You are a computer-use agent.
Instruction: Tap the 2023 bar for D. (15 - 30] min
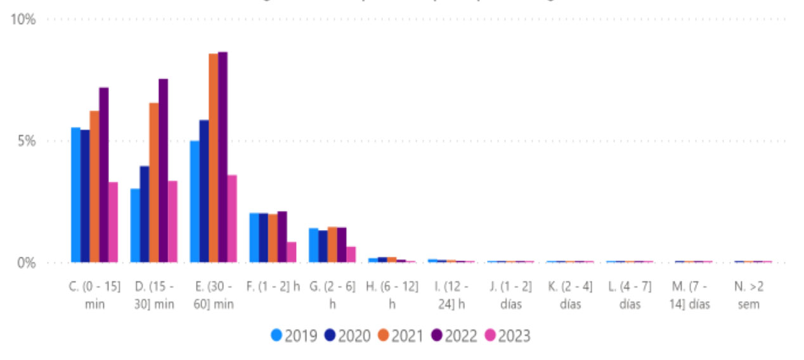pos(172,222)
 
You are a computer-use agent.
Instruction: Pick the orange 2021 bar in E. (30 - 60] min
pos(214,158)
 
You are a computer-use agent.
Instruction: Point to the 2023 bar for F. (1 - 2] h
pos(292,252)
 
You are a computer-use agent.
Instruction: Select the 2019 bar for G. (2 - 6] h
pos(313,245)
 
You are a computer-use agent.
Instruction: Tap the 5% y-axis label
pos(26,141)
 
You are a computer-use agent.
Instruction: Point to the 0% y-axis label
pos(26,262)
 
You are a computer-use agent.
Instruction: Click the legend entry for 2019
pos(294,335)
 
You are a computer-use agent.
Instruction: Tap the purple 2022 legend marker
pos(437,335)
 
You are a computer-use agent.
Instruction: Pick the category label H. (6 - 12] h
pos(392,295)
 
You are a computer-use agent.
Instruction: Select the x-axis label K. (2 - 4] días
pos(570,295)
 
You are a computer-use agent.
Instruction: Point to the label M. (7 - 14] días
pos(689,295)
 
